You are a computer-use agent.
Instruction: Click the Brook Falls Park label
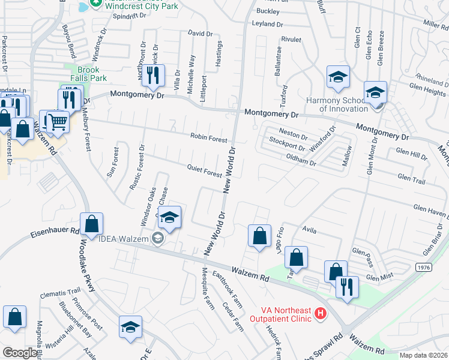click(88, 74)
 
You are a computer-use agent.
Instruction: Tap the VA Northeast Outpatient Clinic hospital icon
click(321, 313)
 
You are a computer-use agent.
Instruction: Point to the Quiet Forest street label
click(204, 172)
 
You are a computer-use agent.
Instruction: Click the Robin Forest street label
click(209, 139)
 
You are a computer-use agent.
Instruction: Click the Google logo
click(20, 353)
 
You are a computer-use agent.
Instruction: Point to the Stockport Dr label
click(288, 145)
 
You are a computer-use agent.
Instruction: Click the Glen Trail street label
click(411, 178)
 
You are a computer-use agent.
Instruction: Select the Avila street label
click(309, 229)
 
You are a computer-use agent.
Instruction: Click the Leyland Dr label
click(267, 25)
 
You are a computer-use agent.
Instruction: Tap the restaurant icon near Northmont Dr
click(155, 75)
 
